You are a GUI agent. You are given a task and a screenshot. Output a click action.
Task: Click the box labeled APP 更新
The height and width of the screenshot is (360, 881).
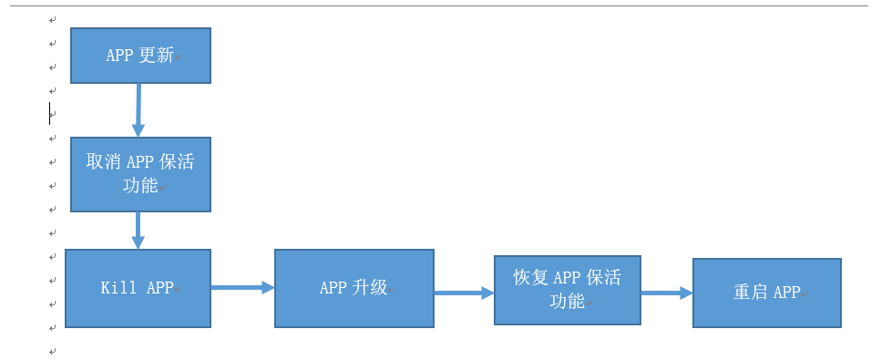click(140, 56)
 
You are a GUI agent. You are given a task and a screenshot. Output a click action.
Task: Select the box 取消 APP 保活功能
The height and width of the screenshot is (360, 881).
click(140, 174)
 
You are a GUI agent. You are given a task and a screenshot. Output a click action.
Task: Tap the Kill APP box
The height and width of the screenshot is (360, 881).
click(138, 288)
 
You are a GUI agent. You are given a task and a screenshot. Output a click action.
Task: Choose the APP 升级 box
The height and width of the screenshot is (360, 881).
click(353, 288)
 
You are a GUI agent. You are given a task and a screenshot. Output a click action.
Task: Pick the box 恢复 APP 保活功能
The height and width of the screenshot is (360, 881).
click(567, 290)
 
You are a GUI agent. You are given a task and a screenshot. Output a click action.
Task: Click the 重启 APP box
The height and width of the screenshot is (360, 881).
click(766, 293)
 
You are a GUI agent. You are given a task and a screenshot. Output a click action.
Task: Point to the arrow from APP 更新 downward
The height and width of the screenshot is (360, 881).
click(138, 110)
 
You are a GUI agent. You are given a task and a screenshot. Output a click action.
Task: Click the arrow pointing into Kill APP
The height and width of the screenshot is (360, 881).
click(138, 231)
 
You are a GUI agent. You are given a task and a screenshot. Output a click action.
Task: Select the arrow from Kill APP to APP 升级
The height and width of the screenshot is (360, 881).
click(242, 287)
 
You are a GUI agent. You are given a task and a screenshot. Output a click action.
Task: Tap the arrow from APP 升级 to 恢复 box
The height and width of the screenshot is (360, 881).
click(464, 293)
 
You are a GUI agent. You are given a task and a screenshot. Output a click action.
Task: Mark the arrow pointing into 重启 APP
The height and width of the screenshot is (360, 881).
click(666, 293)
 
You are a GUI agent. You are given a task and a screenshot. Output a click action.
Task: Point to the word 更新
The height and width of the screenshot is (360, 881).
click(156, 56)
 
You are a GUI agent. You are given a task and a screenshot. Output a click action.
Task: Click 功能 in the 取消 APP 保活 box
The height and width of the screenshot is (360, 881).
click(140, 186)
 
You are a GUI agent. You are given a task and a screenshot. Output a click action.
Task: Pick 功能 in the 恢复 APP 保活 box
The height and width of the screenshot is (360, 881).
click(567, 301)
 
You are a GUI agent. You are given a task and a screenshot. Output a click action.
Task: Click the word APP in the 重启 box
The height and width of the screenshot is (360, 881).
click(786, 293)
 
